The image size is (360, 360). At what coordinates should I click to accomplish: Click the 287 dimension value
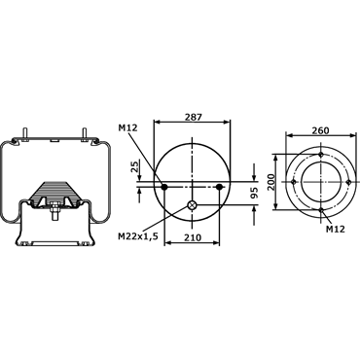[193, 117]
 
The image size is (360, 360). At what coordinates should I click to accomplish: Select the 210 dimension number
[192, 237]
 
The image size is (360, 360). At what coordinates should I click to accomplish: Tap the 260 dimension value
[320, 130]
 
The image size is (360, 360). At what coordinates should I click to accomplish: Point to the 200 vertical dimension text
[270, 182]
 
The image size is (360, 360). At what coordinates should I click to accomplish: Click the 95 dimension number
[254, 193]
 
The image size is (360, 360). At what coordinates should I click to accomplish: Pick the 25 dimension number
[134, 166]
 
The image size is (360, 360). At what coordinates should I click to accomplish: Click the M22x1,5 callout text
[138, 236]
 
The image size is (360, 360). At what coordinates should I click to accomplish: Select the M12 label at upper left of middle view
[127, 128]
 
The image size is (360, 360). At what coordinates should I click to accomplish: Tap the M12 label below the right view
[336, 229]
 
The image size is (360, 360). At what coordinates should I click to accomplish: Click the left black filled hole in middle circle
[164, 187]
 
